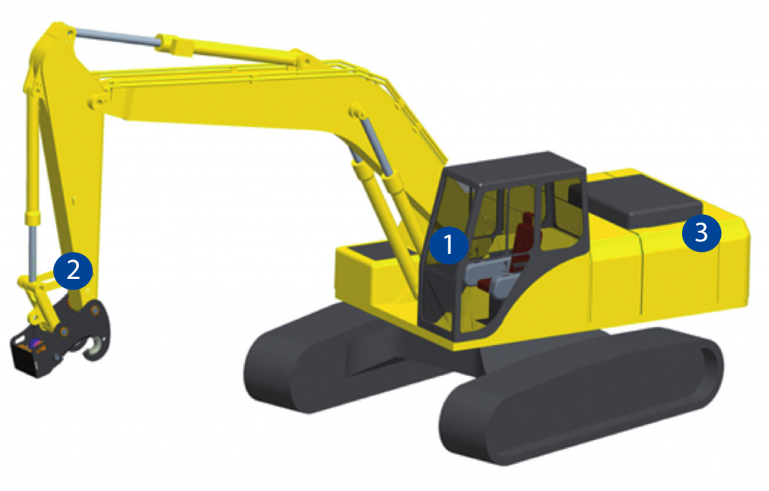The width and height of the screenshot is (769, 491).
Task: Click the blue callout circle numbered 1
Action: coord(448,244)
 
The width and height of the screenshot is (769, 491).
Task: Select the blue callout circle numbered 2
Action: coord(73,271)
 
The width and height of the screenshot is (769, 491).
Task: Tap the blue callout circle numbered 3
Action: coord(701,232)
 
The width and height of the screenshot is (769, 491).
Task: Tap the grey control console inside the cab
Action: coord(490,275)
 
